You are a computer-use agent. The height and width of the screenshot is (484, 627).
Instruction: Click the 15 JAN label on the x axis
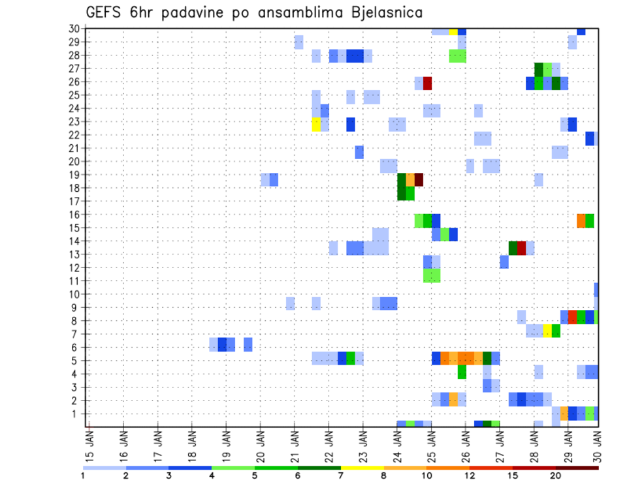pos(90,444)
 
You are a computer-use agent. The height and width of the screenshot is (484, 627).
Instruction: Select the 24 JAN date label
pos(397,444)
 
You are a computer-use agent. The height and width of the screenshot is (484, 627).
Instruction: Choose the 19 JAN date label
pos(227,444)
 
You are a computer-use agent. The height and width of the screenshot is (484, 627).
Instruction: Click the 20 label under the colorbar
pos(556,476)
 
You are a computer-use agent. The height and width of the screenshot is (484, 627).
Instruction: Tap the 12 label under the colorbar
pos(470,476)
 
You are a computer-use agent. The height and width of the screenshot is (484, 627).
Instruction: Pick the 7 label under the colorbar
pos(341,476)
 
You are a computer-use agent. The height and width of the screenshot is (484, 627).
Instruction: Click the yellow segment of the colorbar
pos(362,468)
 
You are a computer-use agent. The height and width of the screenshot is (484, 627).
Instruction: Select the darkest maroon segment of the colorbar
pos(577,468)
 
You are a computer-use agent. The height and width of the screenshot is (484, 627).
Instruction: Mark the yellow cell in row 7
pos(547,331)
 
